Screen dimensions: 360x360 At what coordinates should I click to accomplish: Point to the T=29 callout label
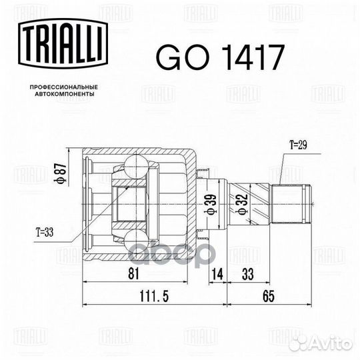[x=297, y=142]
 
